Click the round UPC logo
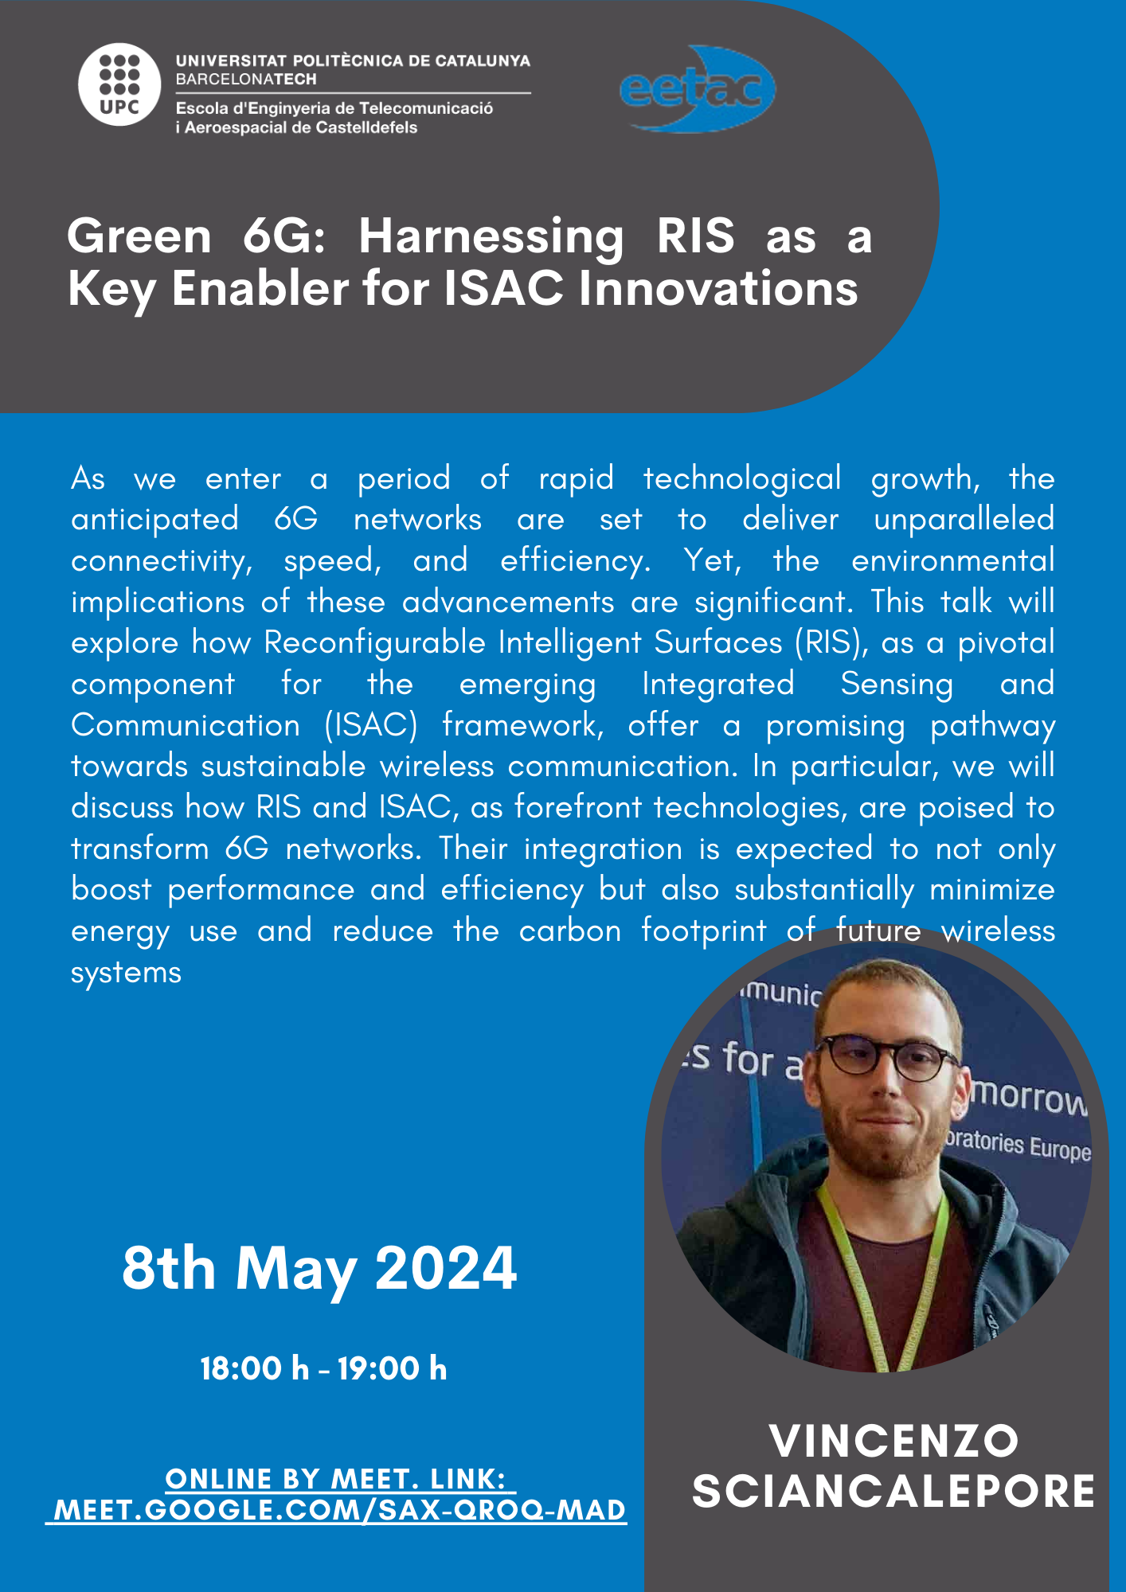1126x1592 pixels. point(120,84)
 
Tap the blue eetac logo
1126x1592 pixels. point(698,88)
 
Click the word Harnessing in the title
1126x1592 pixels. point(491,237)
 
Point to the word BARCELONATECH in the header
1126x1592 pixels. point(246,80)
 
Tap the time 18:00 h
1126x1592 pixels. point(254,1368)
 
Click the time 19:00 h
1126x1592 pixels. point(392,1368)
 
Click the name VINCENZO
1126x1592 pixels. point(894,1441)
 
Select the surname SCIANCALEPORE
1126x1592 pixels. point(893,1491)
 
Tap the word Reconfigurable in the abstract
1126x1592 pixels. point(374,643)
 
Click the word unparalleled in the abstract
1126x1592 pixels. point(964,520)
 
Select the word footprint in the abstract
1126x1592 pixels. point(704,931)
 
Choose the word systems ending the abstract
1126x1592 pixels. point(126,973)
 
